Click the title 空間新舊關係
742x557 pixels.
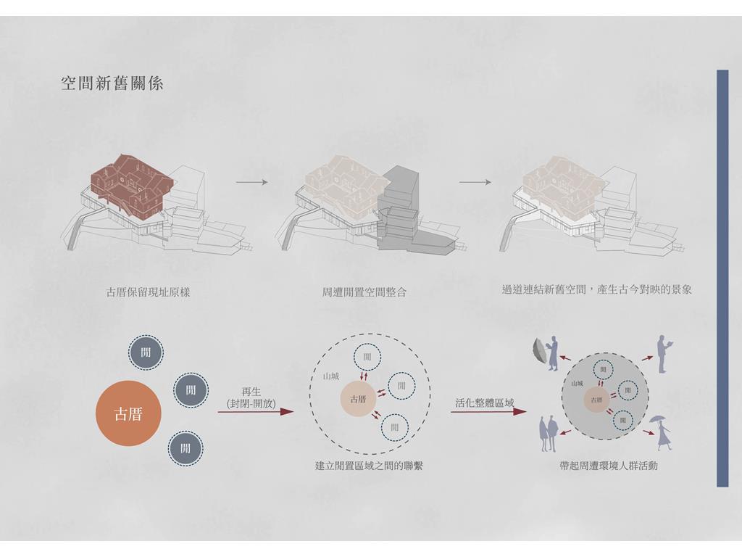click(112, 83)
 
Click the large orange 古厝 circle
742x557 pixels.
click(128, 413)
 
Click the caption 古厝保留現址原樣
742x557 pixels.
click(148, 293)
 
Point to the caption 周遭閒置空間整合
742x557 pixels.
click(364, 293)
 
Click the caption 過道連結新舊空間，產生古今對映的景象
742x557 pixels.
click(596, 289)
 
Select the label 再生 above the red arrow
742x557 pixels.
click(251, 392)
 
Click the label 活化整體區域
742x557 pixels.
click(484, 403)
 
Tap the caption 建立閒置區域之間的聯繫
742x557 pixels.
click(369, 466)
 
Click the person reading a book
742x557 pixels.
click(663, 353)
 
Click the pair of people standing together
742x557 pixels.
click(548, 434)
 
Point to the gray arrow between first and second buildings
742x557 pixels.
click(252, 181)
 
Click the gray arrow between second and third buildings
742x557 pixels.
click(475, 181)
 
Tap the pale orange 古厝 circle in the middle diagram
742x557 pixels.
click(358, 399)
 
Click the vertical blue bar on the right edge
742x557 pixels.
click(722, 278)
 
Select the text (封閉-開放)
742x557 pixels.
click(251, 403)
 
